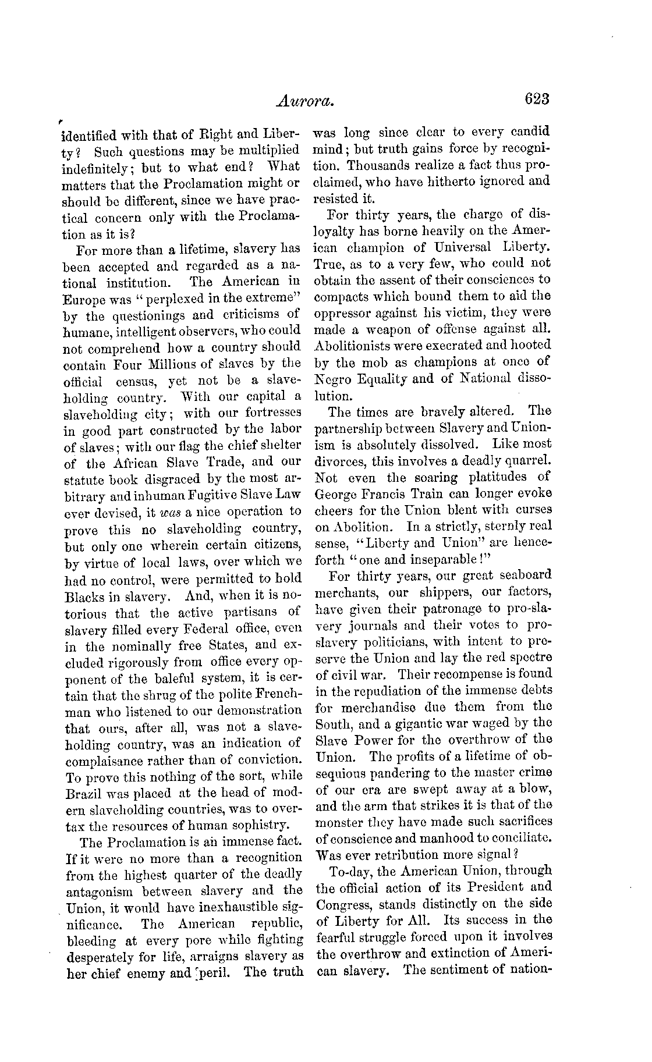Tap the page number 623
(x=536, y=100)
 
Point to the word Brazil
(x=85, y=793)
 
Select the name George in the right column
(x=338, y=493)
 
